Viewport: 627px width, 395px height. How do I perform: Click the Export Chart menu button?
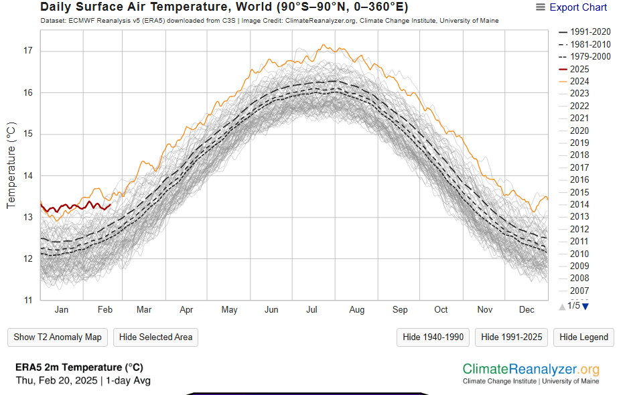tap(571, 7)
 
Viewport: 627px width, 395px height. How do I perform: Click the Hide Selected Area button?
tap(155, 337)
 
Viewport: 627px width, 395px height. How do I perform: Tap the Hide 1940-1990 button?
tap(433, 337)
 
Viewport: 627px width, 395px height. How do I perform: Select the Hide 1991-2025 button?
tap(511, 337)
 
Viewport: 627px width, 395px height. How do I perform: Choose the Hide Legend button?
tap(583, 337)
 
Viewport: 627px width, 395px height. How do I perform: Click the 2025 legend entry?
tap(579, 69)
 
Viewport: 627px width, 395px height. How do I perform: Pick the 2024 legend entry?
tap(579, 81)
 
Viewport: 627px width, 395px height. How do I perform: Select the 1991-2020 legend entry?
tap(589, 32)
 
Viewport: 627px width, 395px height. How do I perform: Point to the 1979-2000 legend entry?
tap(589, 56)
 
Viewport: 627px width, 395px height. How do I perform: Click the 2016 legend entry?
tap(579, 179)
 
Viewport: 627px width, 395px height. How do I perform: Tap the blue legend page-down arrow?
tap(585, 307)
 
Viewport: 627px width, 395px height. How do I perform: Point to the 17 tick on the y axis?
tap(27, 52)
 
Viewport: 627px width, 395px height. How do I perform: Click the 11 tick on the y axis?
tap(27, 300)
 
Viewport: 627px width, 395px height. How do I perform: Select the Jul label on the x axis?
tap(312, 310)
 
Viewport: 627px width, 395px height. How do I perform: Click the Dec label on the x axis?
tap(527, 310)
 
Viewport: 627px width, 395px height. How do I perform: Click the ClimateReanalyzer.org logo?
tap(531, 370)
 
